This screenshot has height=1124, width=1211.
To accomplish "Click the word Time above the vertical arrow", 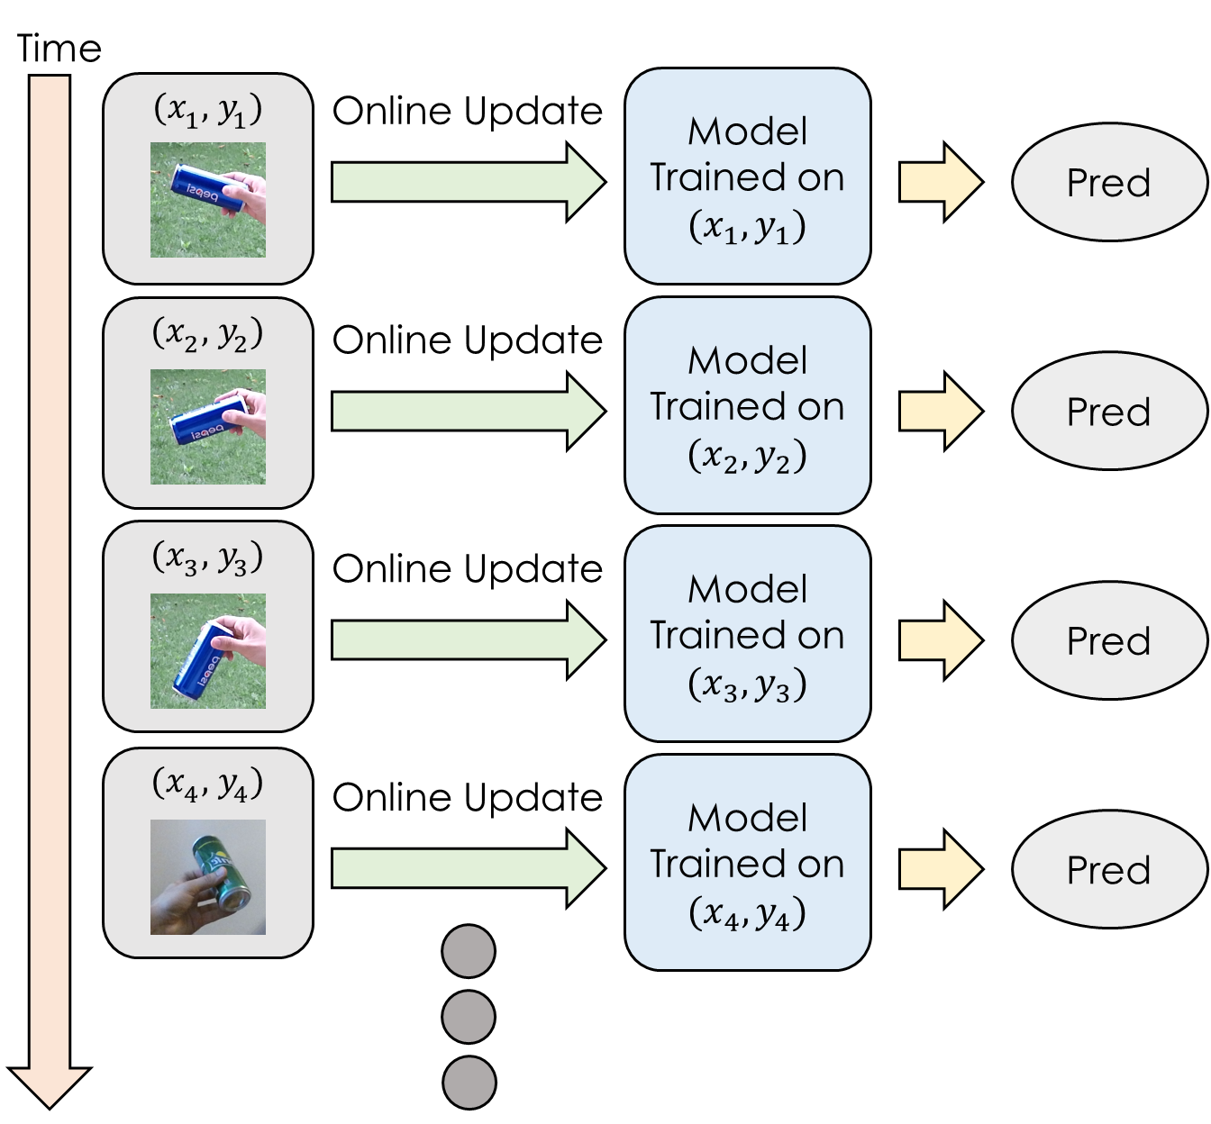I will click(59, 49).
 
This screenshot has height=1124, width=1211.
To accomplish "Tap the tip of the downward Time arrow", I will click(50, 1104).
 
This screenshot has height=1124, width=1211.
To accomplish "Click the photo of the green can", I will click(208, 876).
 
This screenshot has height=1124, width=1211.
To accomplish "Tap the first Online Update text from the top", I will click(467, 111).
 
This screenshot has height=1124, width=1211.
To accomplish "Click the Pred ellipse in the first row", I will click(1109, 183).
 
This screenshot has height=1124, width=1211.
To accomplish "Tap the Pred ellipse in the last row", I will click(1109, 869).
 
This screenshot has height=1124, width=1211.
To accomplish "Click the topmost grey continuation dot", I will click(469, 951).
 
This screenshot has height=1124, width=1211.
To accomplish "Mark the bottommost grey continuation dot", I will click(469, 1082).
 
